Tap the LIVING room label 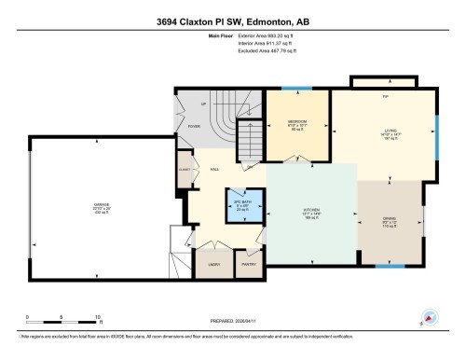(x=383, y=132)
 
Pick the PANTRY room (x=249, y=265)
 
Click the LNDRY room (x=213, y=265)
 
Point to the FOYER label (x=193, y=126)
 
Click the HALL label (x=214, y=169)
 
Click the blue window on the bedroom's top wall (x=297, y=90)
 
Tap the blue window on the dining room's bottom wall (x=389, y=266)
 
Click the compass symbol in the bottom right (x=428, y=318)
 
